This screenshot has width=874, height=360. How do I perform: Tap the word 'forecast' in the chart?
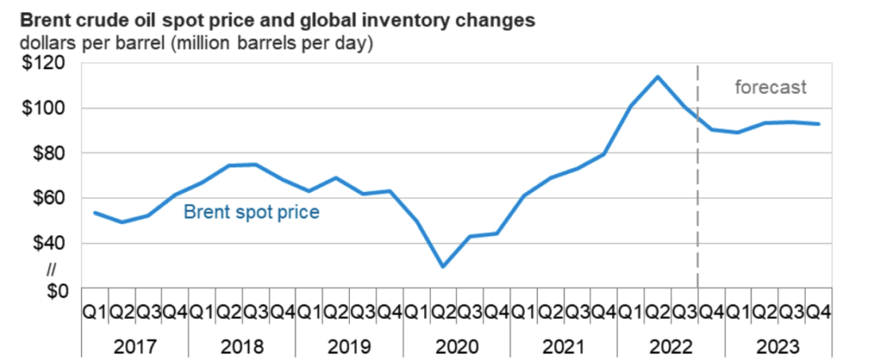(771, 87)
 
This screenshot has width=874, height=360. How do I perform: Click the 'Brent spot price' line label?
(251, 211)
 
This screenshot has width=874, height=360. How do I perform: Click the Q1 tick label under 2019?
(309, 313)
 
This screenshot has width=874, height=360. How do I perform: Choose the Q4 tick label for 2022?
(712, 313)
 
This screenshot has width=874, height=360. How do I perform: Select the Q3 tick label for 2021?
(578, 313)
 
